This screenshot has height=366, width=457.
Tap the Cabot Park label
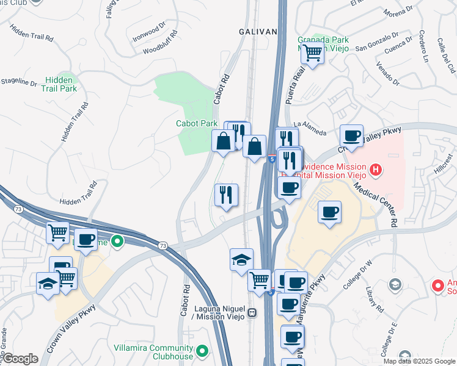coord(197,123)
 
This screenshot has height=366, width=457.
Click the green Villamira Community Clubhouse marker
coord(201,352)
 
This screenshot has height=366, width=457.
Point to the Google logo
coord(20,358)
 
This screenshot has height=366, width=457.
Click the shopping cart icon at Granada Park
coord(312,53)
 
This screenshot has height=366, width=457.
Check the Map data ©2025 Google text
coord(419,361)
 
